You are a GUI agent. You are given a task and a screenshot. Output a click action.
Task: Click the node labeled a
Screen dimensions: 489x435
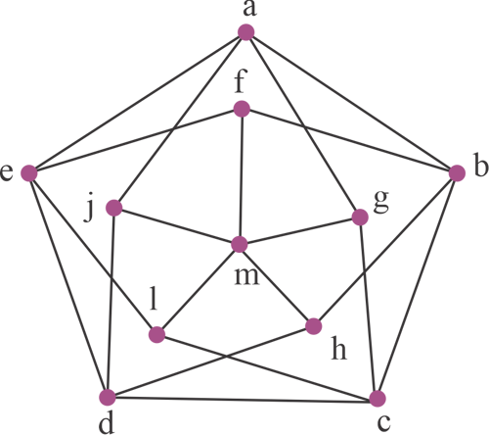tap(245, 32)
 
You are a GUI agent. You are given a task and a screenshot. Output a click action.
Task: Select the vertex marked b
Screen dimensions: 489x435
tap(457, 173)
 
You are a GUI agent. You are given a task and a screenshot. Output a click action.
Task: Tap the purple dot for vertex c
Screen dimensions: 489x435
tap(378, 399)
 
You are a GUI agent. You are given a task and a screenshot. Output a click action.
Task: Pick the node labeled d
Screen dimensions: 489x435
tap(108, 397)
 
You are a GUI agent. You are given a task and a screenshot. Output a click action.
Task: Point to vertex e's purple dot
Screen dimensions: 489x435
tap(29, 173)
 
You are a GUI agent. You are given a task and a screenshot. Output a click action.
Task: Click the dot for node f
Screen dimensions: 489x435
tap(242, 109)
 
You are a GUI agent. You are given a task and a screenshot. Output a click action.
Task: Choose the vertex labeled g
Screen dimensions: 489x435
tap(360, 217)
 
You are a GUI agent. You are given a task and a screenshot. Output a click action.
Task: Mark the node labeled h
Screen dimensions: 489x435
tap(314, 326)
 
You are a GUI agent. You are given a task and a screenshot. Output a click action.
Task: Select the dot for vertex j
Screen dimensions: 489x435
tap(114, 208)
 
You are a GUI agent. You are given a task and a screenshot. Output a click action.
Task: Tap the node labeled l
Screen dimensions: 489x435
tap(156, 334)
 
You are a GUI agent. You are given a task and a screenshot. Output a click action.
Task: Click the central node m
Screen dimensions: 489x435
tap(240, 245)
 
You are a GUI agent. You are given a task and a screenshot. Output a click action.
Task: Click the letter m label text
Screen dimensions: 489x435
tap(247, 277)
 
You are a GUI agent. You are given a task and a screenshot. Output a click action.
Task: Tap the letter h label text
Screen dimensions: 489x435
tap(339, 348)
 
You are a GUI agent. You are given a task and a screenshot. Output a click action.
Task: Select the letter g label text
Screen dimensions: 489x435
tap(381, 202)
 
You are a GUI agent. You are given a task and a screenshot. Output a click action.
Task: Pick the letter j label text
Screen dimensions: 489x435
tap(89, 211)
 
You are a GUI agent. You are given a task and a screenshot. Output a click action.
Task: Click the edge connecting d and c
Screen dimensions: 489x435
tap(243, 398)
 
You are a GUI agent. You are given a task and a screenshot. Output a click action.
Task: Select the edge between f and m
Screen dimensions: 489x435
tap(241, 176)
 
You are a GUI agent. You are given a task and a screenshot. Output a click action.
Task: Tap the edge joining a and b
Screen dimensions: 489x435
tap(351, 103)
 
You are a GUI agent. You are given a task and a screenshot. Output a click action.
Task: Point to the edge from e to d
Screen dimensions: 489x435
tap(68, 285)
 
